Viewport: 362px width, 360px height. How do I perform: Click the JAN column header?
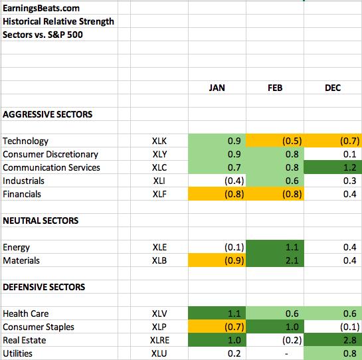(217, 88)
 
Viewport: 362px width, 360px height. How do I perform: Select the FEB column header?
(275, 88)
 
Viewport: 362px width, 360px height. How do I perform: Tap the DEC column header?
(333, 88)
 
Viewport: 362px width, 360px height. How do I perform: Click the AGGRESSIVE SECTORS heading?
(48, 114)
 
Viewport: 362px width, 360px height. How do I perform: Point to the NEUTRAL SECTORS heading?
(41, 221)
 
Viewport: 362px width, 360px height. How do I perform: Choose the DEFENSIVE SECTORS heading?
(44, 287)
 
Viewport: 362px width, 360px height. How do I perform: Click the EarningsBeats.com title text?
(41, 9)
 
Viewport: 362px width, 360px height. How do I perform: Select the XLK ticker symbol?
(159, 141)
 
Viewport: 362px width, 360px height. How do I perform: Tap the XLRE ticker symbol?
(159, 340)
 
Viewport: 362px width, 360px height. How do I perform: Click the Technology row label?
(25, 141)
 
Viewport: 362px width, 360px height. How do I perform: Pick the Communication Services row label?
(51, 167)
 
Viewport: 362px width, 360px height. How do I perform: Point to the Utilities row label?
(17, 353)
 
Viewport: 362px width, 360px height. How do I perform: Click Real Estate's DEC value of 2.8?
(350, 340)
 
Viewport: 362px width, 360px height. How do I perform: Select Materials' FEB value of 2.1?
(292, 260)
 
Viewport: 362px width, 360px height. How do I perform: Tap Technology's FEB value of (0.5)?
(292, 141)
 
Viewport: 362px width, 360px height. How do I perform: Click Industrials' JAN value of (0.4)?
(234, 181)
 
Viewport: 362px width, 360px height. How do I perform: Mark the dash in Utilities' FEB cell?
(286, 354)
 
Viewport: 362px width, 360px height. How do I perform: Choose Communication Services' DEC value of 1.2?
(350, 167)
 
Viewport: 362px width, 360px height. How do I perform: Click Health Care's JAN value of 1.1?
(234, 314)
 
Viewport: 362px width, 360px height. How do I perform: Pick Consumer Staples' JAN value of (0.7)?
(234, 327)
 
